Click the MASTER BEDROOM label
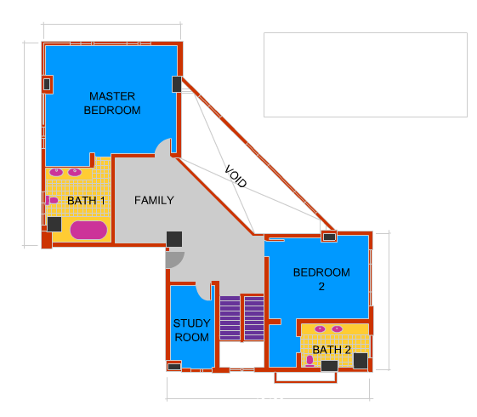(x=112, y=103)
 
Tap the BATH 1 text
(x=86, y=201)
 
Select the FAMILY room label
(x=154, y=200)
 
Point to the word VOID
(x=236, y=176)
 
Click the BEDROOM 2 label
(x=321, y=279)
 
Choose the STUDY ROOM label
(x=191, y=330)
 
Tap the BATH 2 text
(x=332, y=350)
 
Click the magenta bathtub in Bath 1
(x=88, y=230)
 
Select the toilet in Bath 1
(x=52, y=200)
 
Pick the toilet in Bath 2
(x=309, y=361)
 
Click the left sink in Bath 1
(x=56, y=172)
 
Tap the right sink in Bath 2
(x=337, y=328)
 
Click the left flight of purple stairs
(x=230, y=317)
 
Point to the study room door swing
(x=203, y=291)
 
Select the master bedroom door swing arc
(x=163, y=147)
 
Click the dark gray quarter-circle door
(x=173, y=259)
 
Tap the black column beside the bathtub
(x=54, y=224)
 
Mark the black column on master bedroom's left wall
(x=47, y=84)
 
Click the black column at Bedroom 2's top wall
(x=329, y=237)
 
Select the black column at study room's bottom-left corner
(x=174, y=367)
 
